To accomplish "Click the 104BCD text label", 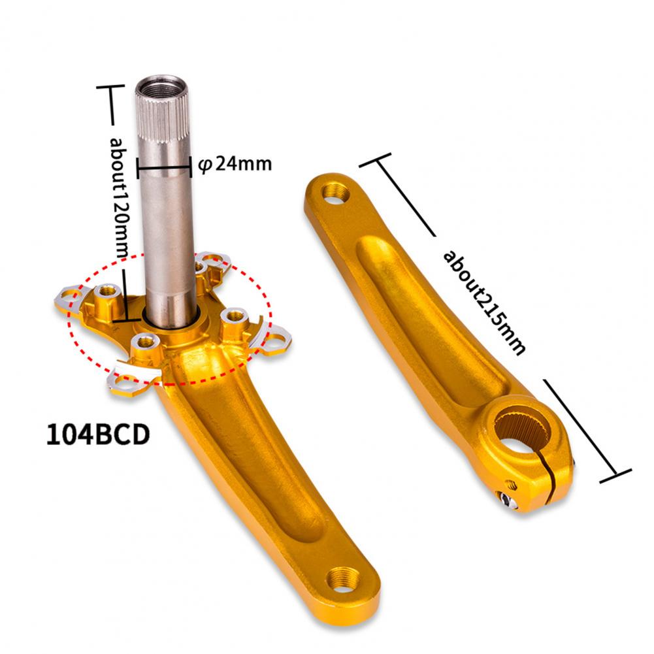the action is [x=97, y=434].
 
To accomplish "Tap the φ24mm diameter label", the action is [x=235, y=163].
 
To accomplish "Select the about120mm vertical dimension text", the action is [x=119, y=199].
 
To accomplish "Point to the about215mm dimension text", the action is [x=484, y=302].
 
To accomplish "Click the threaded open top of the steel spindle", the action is [x=162, y=87].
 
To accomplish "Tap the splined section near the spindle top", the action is [x=163, y=121].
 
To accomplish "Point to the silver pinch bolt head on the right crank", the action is [x=507, y=499].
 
